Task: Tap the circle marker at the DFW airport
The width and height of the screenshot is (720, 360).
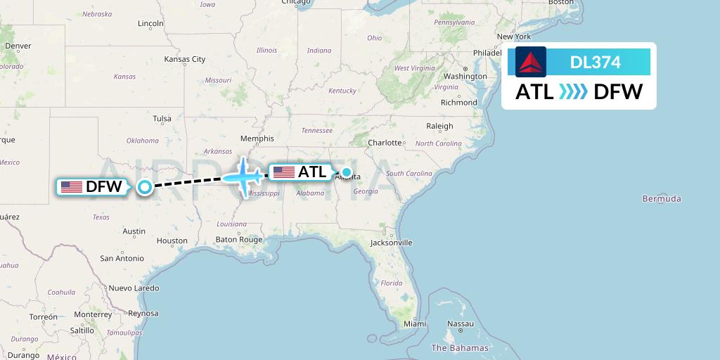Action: [x=145, y=186]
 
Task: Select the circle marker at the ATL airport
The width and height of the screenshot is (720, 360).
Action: [x=346, y=172]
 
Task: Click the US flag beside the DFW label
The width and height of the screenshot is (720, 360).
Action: [x=72, y=187]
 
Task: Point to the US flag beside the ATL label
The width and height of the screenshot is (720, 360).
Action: [x=284, y=172]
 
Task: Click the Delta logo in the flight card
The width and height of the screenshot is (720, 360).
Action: [x=531, y=62]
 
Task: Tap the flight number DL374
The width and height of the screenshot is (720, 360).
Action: [x=595, y=63]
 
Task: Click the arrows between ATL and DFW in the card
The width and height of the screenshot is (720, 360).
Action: [x=572, y=92]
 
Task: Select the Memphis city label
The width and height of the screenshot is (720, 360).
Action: [x=257, y=139]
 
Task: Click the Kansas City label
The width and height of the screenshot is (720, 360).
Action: [x=184, y=59]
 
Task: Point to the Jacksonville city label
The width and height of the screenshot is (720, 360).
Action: [x=391, y=243]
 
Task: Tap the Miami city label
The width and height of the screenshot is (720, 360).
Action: [x=415, y=324]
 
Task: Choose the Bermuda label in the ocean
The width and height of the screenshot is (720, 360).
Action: [x=661, y=199]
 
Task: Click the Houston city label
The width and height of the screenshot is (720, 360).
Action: [x=172, y=240]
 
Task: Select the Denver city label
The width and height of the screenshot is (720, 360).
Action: [x=18, y=46]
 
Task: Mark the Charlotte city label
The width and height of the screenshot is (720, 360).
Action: [x=385, y=143]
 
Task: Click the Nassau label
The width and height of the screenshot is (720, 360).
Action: [x=461, y=324]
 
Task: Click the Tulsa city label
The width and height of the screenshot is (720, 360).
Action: [x=162, y=119]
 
